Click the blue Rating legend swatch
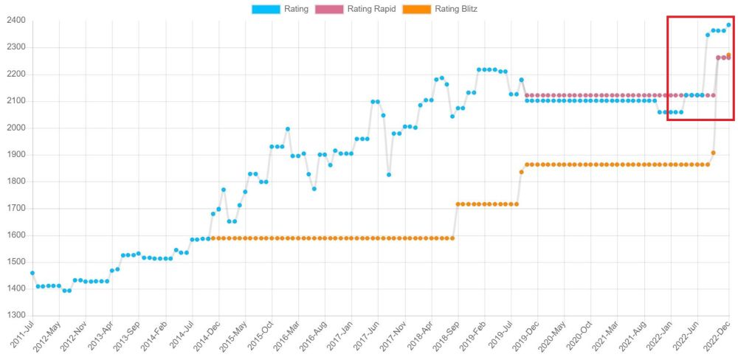(266, 9)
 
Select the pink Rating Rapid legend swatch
(330, 9)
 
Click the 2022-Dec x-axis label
(720, 336)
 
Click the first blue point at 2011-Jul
(32, 273)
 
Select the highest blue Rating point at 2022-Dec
(729, 25)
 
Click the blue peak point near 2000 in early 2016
(288, 129)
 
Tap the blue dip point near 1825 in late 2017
(389, 175)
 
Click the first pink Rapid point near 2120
(527, 95)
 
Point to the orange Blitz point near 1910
(713, 153)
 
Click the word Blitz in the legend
(467, 9)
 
